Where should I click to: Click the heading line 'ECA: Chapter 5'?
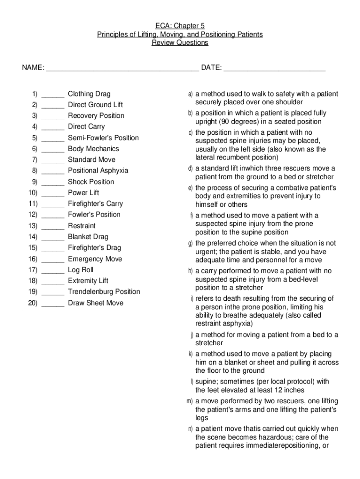tap(180, 26)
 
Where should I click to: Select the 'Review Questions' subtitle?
tap(180, 43)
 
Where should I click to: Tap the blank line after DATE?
tap(274, 68)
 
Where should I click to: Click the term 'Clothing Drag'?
tap(89, 94)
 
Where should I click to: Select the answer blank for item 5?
tap(53, 138)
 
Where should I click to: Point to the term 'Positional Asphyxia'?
tap(98, 171)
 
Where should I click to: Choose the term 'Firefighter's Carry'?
tap(95, 203)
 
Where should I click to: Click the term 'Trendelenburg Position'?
tap(104, 291)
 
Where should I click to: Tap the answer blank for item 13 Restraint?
tap(53, 226)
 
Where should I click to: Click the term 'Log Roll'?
tap(80, 270)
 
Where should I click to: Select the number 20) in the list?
tap(32, 303)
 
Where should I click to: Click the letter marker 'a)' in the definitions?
tap(190, 94)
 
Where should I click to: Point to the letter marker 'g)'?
tap(190, 244)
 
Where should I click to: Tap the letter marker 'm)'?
tap(190, 401)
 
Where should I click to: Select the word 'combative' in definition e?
tap(276, 188)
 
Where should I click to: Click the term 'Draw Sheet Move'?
tap(95, 303)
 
